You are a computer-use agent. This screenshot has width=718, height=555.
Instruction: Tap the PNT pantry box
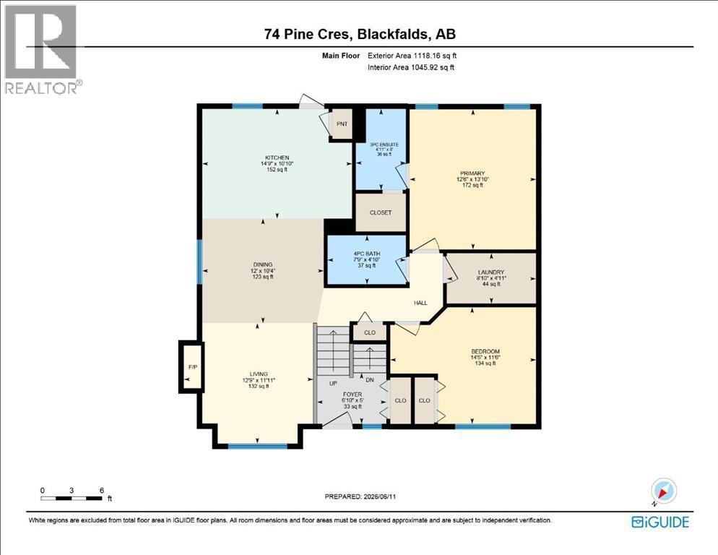click(x=342, y=124)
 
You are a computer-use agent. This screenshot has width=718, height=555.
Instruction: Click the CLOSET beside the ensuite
click(x=381, y=212)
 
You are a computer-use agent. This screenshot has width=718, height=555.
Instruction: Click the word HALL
click(x=420, y=303)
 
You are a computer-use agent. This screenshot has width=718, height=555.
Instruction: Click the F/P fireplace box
click(x=192, y=367)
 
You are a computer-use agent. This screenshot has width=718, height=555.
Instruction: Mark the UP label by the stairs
click(x=334, y=383)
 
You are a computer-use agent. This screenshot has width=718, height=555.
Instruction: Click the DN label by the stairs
click(x=370, y=380)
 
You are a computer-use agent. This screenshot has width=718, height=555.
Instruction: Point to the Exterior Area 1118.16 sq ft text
click(x=412, y=56)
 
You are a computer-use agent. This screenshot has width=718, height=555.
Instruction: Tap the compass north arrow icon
click(x=663, y=491)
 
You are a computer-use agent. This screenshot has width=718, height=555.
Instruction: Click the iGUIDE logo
click(x=659, y=522)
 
